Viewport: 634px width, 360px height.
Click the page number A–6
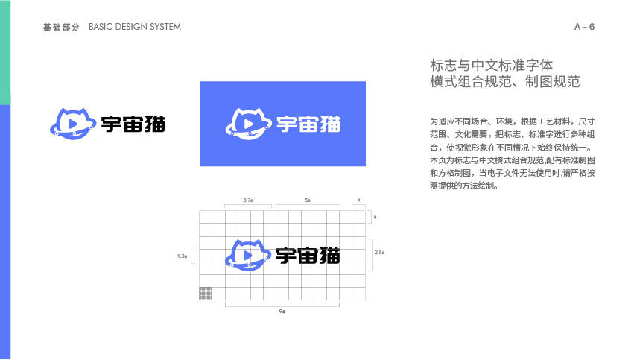pyautogui.click(x=584, y=27)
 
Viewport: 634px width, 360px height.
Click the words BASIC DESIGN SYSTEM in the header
pyautogui.click(x=134, y=27)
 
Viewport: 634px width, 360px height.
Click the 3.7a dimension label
pyautogui.click(x=248, y=200)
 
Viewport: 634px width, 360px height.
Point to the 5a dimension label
pyautogui.click(x=308, y=200)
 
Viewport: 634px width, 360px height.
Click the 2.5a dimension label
pyautogui.click(x=379, y=253)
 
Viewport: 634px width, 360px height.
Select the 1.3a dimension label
pyautogui.click(x=183, y=256)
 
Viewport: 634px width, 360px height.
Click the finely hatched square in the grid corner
pyautogui.click(x=206, y=294)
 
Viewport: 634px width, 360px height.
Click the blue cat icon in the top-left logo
pyautogui.click(x=72, y=122)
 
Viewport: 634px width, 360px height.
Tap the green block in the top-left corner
pyautogui.click(x=4, y=52)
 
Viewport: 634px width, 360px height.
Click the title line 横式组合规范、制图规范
pyautogui.click(x=505, y=82)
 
